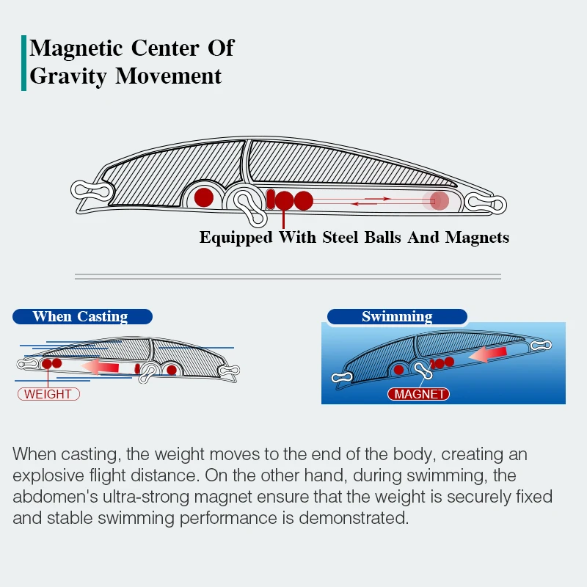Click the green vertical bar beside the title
pyautogui.click(x=24, y=63)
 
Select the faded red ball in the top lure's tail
pyautogui.click(x=439, y=200)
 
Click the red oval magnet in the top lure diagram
pyautogui.click(x=270, y=199)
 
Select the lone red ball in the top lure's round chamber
pyautogui.click(x=204, y=197)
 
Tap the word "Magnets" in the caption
pyautogui.click(x=477, y=237)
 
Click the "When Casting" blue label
pyautogui.click(x=81, y=317)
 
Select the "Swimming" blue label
pyautogui.click(x=397, y=317)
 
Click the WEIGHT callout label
pyautogui.click(x=48, y=394)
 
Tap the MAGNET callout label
pyautogui.click(x=419, y=394)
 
